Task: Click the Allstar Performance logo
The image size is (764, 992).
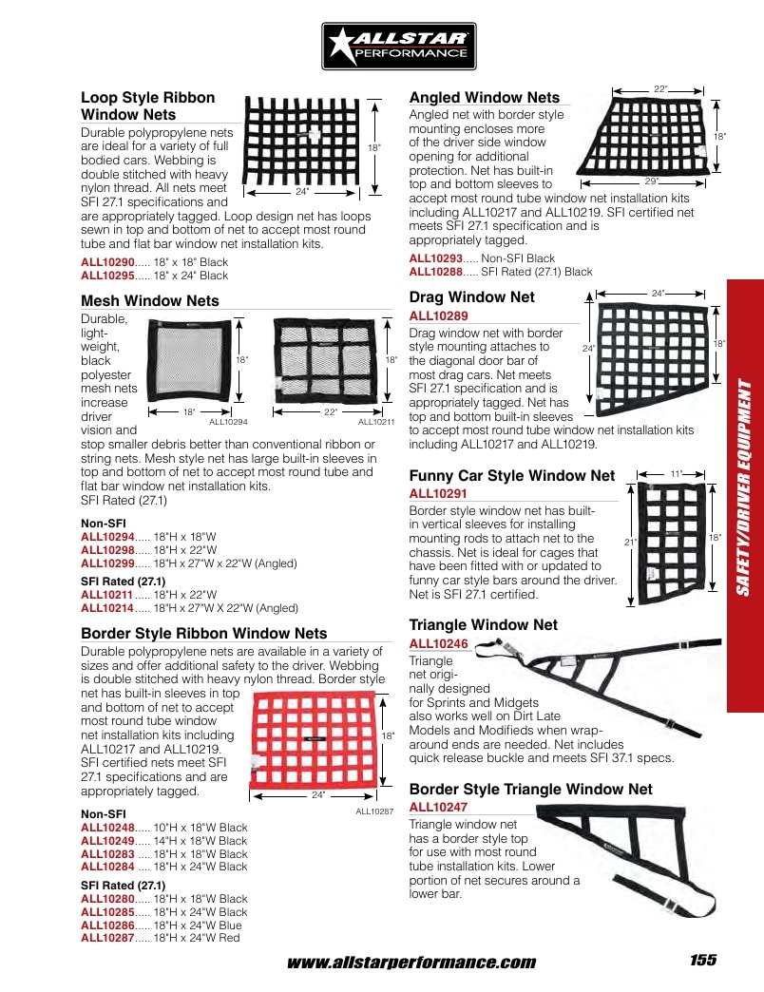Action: coord(398,47)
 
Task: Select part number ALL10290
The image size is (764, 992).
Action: coord(107,262)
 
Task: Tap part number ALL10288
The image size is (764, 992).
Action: coord(436,272)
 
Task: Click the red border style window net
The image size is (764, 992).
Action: coord(314,741)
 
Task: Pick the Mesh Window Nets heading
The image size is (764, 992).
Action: coord(150,300)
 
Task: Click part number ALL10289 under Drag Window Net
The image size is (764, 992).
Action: coord(438,315)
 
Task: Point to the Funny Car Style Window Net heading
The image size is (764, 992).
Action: coord(511,476)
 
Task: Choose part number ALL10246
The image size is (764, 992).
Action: coord(438,644)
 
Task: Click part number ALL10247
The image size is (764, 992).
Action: coord(438,808)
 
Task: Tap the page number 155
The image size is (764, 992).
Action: coord(703,960)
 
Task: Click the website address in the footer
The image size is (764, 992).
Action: coord(411,963)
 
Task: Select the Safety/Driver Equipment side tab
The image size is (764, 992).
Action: coord(746,496)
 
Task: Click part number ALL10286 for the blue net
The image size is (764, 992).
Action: coord(107,925)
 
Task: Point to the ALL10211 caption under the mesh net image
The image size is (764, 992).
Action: coord(376,422)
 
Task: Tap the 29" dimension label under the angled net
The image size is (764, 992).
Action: coord(652,181)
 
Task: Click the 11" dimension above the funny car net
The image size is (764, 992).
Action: coord(676,474)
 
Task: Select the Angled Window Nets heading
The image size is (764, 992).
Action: coord(485,98)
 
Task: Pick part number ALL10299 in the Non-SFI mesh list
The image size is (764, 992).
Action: coord(107,563)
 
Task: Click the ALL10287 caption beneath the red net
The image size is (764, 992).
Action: coord(374,811)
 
